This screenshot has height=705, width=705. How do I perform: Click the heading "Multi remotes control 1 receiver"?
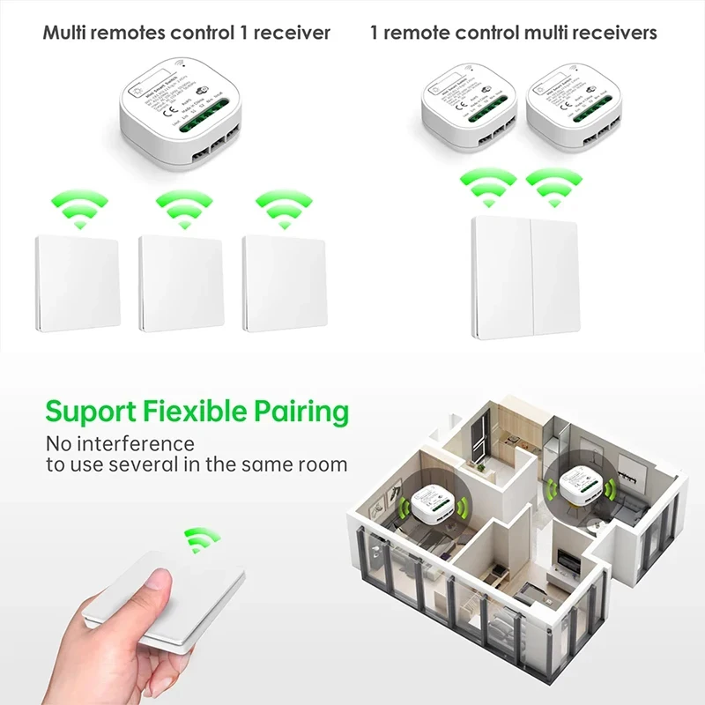point(186,33)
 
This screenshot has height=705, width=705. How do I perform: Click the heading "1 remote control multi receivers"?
point(513,33)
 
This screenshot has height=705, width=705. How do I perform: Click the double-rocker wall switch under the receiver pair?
point(524,278)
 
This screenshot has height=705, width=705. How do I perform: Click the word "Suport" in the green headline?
point(88,412)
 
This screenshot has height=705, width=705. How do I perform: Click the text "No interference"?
point(120,443)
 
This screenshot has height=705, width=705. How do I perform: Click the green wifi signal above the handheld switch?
point(201,538)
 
